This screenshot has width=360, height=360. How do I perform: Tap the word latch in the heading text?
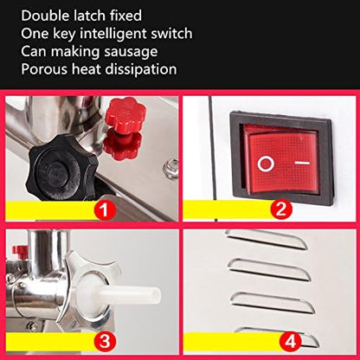pyautogui.click(x=93, y=16)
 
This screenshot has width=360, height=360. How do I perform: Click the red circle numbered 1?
pyautogui.click(x=104, y=209)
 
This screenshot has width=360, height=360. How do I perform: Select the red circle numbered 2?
pyautogui.click(x=281, y=209)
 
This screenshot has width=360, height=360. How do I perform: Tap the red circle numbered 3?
pyautogui.click(x=105, y=341)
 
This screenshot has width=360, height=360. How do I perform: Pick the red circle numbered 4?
pyautogui.click(x=290, y=342)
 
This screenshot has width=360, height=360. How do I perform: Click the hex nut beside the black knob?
pyautogui.click(x=170, y=170)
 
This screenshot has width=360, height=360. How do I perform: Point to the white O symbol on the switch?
pyautogui.click(x=266, y=164)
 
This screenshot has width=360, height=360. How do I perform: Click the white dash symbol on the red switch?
pyautogui.click(x=302, y=163)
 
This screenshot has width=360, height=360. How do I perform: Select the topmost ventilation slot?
pyautogui.click(x=266, y=239)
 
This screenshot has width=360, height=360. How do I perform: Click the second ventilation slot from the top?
pyautogui.click(x=270, y=270)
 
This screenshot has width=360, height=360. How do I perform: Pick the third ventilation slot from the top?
pyautogui.click(x=273, y=303)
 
